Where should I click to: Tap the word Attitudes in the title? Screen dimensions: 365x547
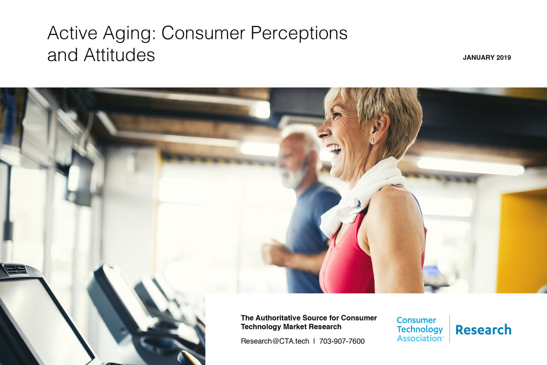[x=119, y=55]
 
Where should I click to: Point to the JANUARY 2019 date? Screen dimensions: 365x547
[x=487, y=58]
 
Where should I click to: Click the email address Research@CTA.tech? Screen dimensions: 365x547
[x=275, y=341]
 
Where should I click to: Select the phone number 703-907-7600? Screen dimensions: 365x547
[x=342, y=341]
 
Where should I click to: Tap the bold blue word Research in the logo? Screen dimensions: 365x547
[x=483, y=329]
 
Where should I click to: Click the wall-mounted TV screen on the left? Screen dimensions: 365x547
[x=80, y=178]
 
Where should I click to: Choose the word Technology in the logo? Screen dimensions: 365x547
[x=419, y=329]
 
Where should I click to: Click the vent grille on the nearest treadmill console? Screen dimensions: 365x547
[x=15, y=270]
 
